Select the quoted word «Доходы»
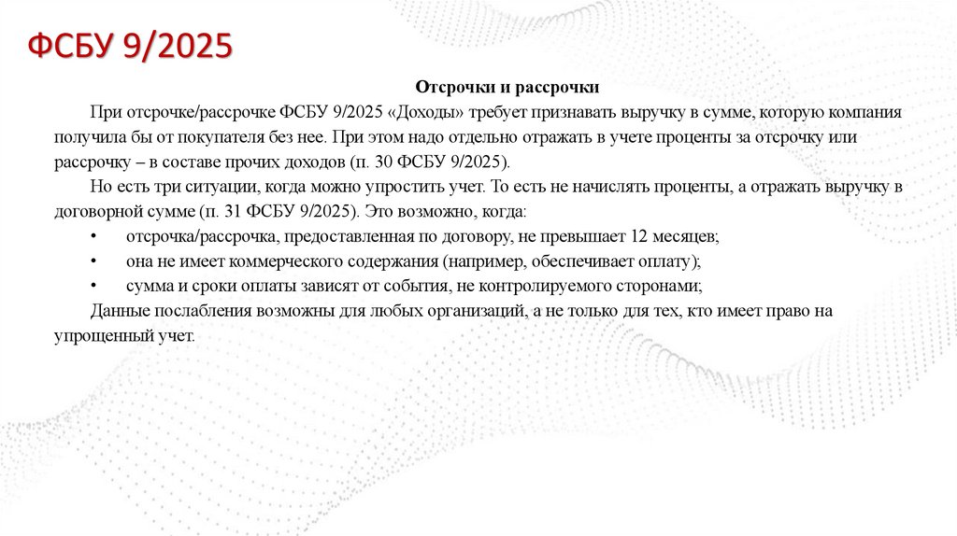point(425,112)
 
